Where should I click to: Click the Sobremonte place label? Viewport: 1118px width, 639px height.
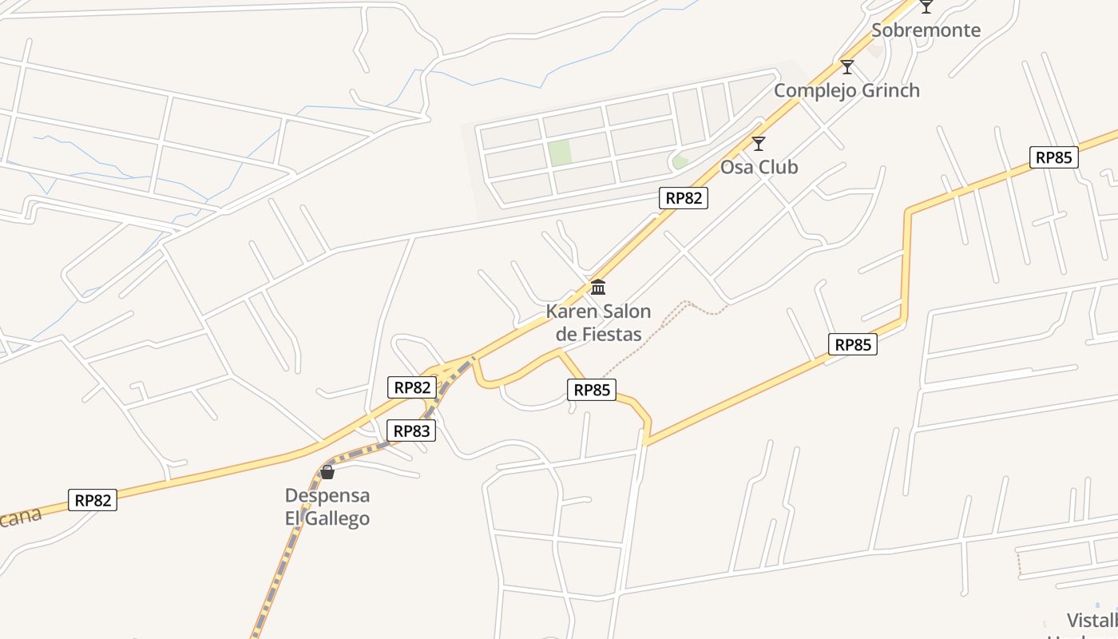point(926,30)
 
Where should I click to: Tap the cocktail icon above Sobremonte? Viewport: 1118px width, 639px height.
point(926,7)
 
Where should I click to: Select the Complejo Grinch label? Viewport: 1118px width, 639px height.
point(846,90)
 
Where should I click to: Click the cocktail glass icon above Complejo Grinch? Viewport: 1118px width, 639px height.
point(847,67)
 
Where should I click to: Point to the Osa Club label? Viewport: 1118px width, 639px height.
point(759,167)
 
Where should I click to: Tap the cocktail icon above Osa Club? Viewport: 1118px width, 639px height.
point(759,144)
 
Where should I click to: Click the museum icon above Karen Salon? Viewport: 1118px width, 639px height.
point(598,288)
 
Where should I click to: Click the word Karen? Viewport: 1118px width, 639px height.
point(570,312)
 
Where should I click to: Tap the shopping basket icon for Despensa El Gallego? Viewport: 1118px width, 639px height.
point(327,472)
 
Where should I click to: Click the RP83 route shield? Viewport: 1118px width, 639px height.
point(412,431)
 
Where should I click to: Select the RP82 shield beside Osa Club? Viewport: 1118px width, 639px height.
point(684,198)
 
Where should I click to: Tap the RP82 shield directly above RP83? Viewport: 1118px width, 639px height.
point(412,387)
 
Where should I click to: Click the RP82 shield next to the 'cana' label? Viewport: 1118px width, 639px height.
point(93,501)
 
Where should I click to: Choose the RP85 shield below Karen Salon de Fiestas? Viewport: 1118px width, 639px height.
point(592,390)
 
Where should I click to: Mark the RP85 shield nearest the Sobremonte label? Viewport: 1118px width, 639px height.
point(1053,157)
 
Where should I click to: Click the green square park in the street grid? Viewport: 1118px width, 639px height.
point(560,153)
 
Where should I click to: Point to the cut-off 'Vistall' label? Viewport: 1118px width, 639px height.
point(1092,621)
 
